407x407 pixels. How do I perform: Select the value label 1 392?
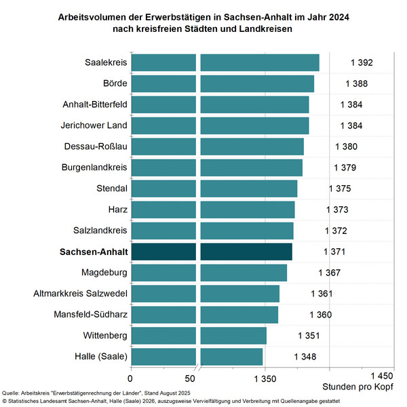362,63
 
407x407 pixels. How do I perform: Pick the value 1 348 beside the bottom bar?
305,356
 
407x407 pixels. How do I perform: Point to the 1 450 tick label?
381,376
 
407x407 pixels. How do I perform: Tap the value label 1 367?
329,273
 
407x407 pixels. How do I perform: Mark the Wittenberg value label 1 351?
309,335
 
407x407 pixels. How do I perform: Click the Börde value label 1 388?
357,84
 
